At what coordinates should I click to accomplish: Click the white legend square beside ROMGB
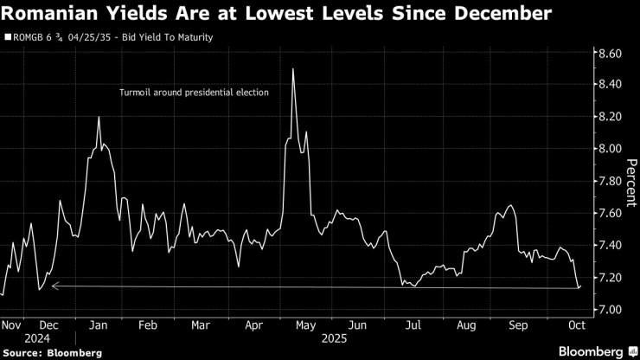pyautogui.click(x=8, y=37)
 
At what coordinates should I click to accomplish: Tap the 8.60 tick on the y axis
pyautogui.click(x=605, y=54)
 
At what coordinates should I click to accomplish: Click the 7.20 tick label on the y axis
pyautogui.click(x=605, y=277)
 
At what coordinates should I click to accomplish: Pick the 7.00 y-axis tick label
pyautogui.click(x=605, y=310)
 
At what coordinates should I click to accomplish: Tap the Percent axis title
pyautogui.click(x=630, y=182)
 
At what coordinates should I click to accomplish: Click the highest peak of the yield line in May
pyautogui.click(x=294, y=69)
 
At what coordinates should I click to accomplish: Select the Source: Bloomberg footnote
pyautogui.click(x=52, y=352)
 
